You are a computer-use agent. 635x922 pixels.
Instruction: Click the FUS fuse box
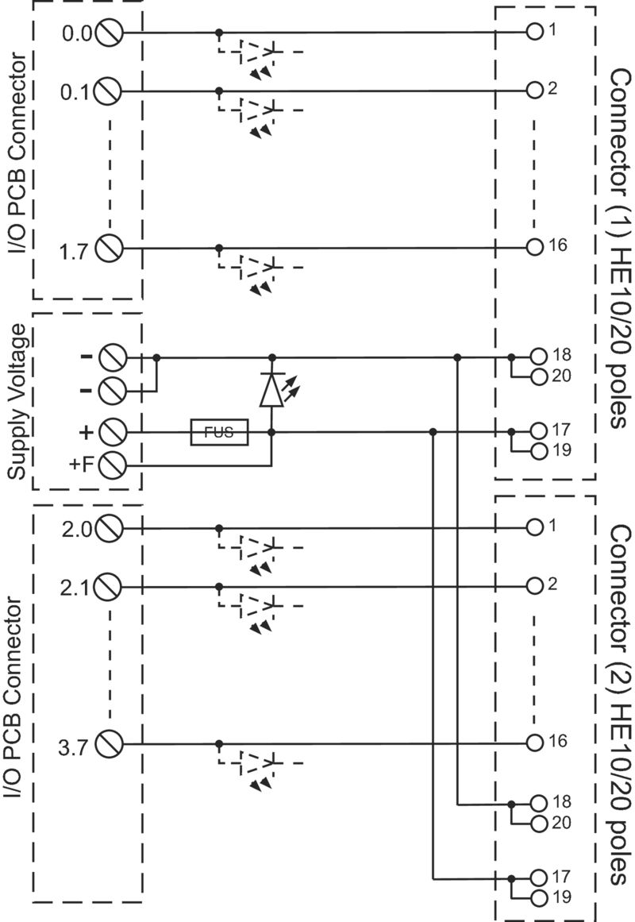coord(219,432)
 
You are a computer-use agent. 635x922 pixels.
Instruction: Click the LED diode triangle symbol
coord(271,390)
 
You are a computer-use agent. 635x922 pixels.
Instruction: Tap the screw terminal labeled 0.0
coord(110,33)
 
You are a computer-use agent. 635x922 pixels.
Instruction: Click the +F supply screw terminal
coord(112,465)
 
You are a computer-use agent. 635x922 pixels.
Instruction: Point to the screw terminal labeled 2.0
coord(110,528)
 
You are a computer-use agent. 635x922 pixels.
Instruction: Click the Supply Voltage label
coord(17,402)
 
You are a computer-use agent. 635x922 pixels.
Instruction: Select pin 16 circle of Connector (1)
coord(534,247)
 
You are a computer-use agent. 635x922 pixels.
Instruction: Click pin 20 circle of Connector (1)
coord(539,377)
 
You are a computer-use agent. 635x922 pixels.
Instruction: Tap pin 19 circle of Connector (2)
coord(539,898)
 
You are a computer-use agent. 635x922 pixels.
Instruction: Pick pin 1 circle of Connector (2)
coord(534,527)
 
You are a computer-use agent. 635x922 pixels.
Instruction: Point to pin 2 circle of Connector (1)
coord(534,90)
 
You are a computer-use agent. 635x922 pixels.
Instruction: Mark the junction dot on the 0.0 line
coord(219,33)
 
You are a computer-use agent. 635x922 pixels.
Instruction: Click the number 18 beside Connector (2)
coord(561,801)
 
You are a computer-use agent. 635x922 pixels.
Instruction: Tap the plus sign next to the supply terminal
coord(87,432)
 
